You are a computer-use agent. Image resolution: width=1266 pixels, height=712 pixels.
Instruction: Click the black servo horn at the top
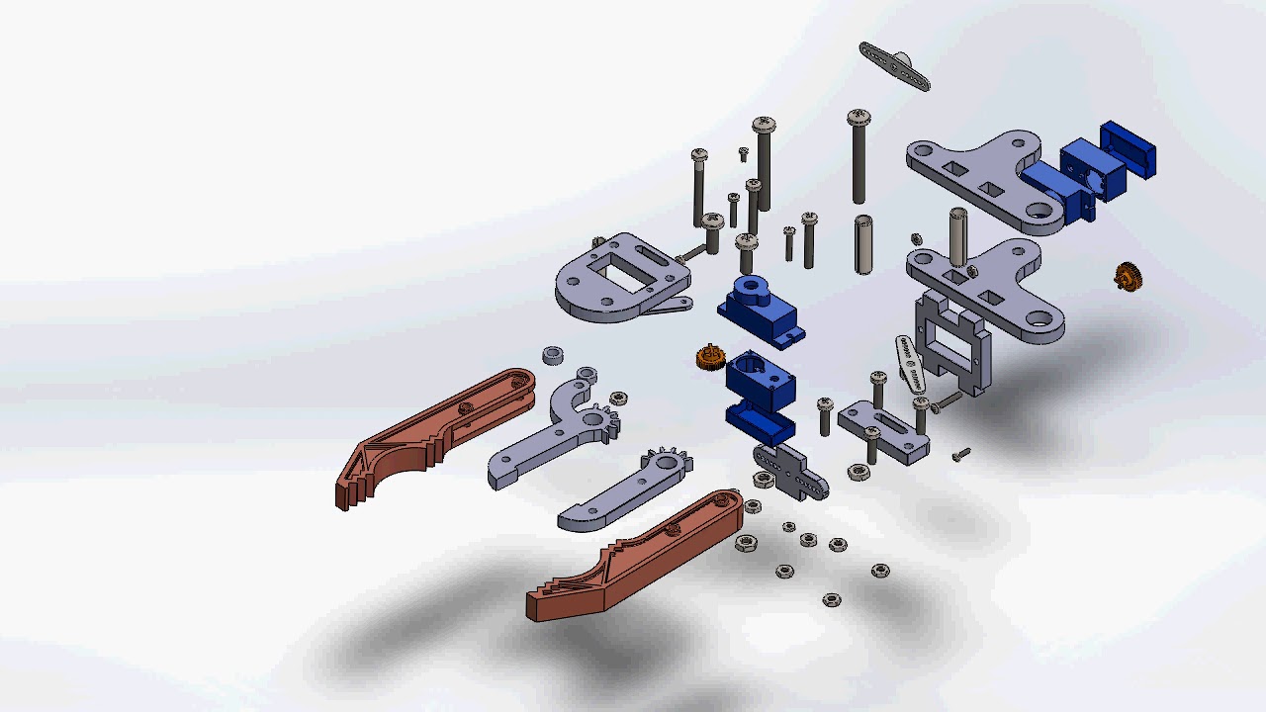[x=895, y=66]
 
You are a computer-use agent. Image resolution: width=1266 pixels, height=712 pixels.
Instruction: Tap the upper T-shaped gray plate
[x=979, y=178]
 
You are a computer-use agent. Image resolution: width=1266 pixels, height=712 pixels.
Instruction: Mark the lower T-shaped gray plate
[x=989, y=287]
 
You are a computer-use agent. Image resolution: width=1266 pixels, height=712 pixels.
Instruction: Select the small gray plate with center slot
[x=883, y=432]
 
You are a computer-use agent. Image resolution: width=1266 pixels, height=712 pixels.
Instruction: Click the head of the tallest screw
[x=859, y=118]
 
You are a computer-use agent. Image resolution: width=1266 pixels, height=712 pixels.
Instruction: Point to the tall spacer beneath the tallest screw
[x=862, y=244]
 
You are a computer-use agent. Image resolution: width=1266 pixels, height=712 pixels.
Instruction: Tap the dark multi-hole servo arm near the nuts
[x=792, y=472]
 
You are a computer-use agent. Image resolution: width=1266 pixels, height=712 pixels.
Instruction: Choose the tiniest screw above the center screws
[x=743, y=153]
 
